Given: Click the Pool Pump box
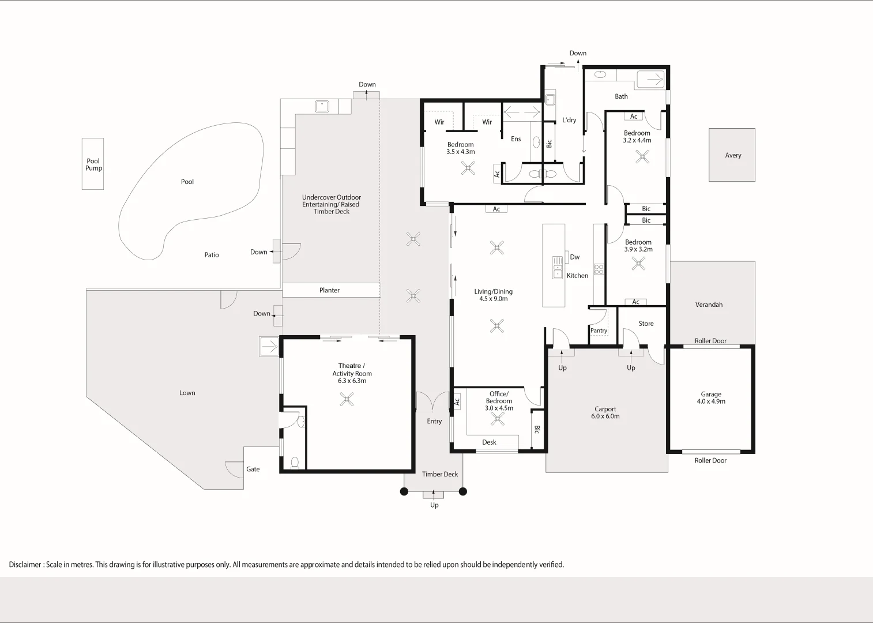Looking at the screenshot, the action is point(93,164).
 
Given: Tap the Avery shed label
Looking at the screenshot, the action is point(733,155).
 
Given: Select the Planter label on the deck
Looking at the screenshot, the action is point(329,290).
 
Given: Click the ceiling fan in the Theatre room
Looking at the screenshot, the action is point(347,399).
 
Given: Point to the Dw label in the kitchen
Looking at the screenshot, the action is point(575,257).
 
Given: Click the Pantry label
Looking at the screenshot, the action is point(599,331).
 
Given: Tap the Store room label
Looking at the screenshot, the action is point(646,324).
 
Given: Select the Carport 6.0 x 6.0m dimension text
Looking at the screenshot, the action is point(605,416).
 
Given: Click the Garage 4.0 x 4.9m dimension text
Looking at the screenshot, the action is point(711,401).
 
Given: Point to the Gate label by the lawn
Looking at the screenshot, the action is point(253,469).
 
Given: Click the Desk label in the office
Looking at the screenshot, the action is point(489,442).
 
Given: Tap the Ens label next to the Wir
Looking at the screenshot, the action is point(515,139).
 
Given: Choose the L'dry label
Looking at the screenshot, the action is point(569,120).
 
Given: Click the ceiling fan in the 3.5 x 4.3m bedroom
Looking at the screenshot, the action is point(468,168).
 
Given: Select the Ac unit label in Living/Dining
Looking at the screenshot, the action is point(496,209).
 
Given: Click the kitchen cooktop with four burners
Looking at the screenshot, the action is point(599,269).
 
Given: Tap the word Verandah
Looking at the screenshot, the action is point(709,305).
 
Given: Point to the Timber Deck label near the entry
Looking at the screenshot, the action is point(439,474).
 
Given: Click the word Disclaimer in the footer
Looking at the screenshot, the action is point(25,565).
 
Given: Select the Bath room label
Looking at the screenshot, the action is point(621,96).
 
